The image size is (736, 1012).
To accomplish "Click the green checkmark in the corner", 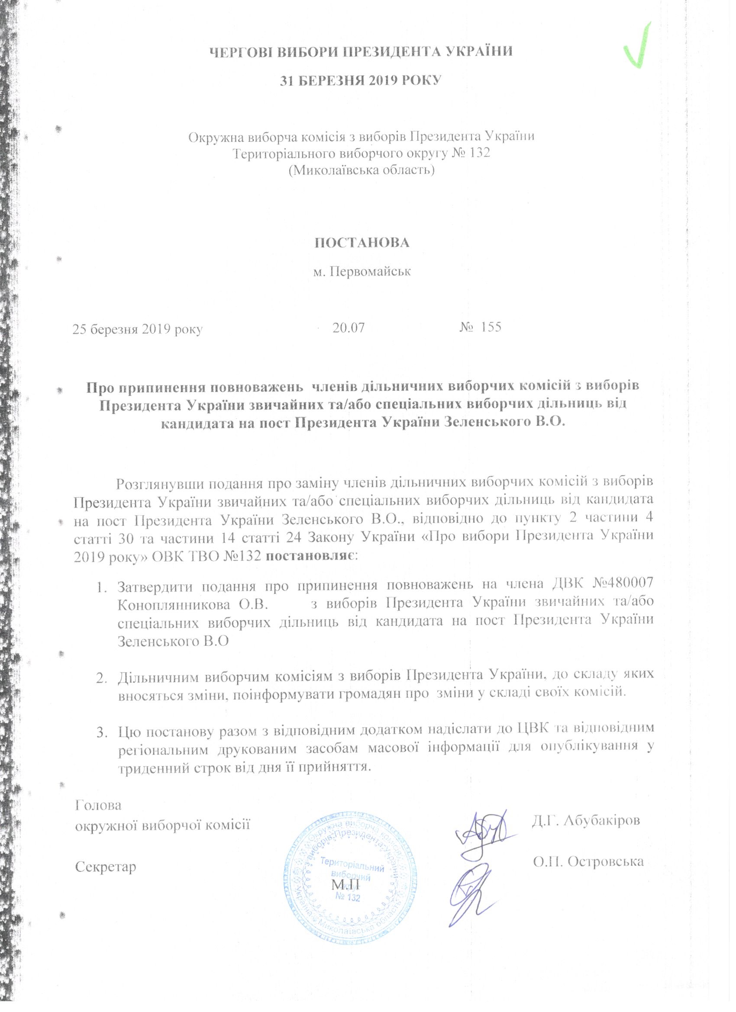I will [639, 47].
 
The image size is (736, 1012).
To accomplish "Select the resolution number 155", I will [491, 327].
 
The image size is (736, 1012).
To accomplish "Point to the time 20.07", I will [349, 328].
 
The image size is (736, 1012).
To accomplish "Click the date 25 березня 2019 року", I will [138, 329].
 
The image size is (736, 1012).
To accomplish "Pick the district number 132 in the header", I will [478, 153].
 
